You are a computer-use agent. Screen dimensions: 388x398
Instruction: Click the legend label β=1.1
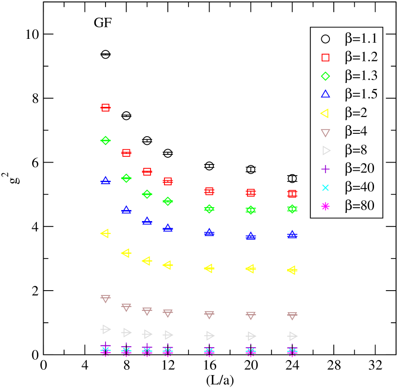361,39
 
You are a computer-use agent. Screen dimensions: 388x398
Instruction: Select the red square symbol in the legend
326,58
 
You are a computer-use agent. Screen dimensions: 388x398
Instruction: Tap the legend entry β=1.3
361,76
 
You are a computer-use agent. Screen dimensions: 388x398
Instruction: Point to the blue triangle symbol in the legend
326,94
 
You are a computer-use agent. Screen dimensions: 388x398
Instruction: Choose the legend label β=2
356,113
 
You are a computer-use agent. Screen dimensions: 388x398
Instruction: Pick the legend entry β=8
356,151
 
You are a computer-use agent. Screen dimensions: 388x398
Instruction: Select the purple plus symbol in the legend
326,169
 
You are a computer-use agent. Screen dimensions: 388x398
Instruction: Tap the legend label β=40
359,188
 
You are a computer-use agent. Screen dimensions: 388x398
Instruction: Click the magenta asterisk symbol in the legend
326,206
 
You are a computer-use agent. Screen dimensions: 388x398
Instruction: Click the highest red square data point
105,107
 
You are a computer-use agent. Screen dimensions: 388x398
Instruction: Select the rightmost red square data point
293,194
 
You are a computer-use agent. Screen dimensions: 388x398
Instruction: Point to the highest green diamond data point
105,141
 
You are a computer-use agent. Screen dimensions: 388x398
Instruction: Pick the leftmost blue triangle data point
105,180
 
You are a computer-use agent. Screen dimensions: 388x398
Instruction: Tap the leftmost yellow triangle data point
105,233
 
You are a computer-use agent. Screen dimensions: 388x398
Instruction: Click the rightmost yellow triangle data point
292,270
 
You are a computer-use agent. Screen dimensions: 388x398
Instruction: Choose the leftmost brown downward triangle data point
105,298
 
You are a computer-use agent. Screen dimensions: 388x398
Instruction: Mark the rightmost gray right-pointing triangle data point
293,336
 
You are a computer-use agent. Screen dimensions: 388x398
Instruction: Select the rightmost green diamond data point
293,209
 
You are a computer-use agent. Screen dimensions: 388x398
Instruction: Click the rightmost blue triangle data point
293,235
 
